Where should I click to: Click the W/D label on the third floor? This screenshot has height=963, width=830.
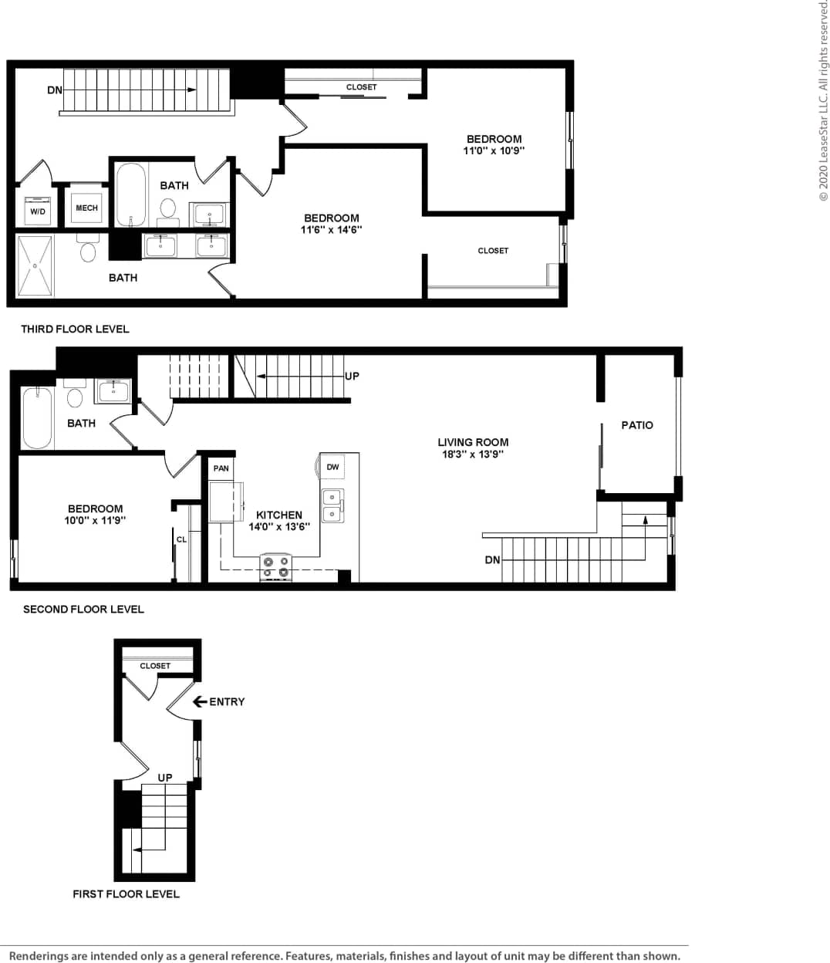tap(38, 211)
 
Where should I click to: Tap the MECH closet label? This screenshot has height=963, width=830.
tap(86, 208)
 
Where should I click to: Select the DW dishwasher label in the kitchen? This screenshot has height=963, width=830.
tap(332, 467)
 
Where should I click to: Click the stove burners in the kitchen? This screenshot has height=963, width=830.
tap(276, 567)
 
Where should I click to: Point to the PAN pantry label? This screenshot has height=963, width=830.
tap(221, 468)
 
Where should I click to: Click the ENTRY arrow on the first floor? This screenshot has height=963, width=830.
tap(199, 701)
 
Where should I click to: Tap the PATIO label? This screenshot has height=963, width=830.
tap(637, 425)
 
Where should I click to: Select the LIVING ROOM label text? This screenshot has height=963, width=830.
tap(473, 442)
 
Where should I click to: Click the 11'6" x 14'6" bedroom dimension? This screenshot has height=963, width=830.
tap(331, 229)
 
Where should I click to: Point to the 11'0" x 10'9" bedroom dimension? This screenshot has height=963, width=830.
tap(494, 150)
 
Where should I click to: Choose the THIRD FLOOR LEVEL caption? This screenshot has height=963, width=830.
tap(75, 329)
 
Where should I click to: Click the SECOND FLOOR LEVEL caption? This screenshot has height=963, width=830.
tap(83, 609)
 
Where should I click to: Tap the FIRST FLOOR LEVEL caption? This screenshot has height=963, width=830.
tap(126, 894)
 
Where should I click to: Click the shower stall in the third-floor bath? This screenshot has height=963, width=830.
tap(35, 265)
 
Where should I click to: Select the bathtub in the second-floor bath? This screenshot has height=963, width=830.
tap(37, 417)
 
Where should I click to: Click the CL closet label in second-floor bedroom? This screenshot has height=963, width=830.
tap(181, 539)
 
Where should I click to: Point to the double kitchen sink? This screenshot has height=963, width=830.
tap(332, 505)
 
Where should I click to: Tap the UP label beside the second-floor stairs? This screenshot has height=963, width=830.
tap(352, 376)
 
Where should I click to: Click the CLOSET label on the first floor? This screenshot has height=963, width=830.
tap(155, 665)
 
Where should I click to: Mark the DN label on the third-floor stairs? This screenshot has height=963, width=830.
tap(54, 90)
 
